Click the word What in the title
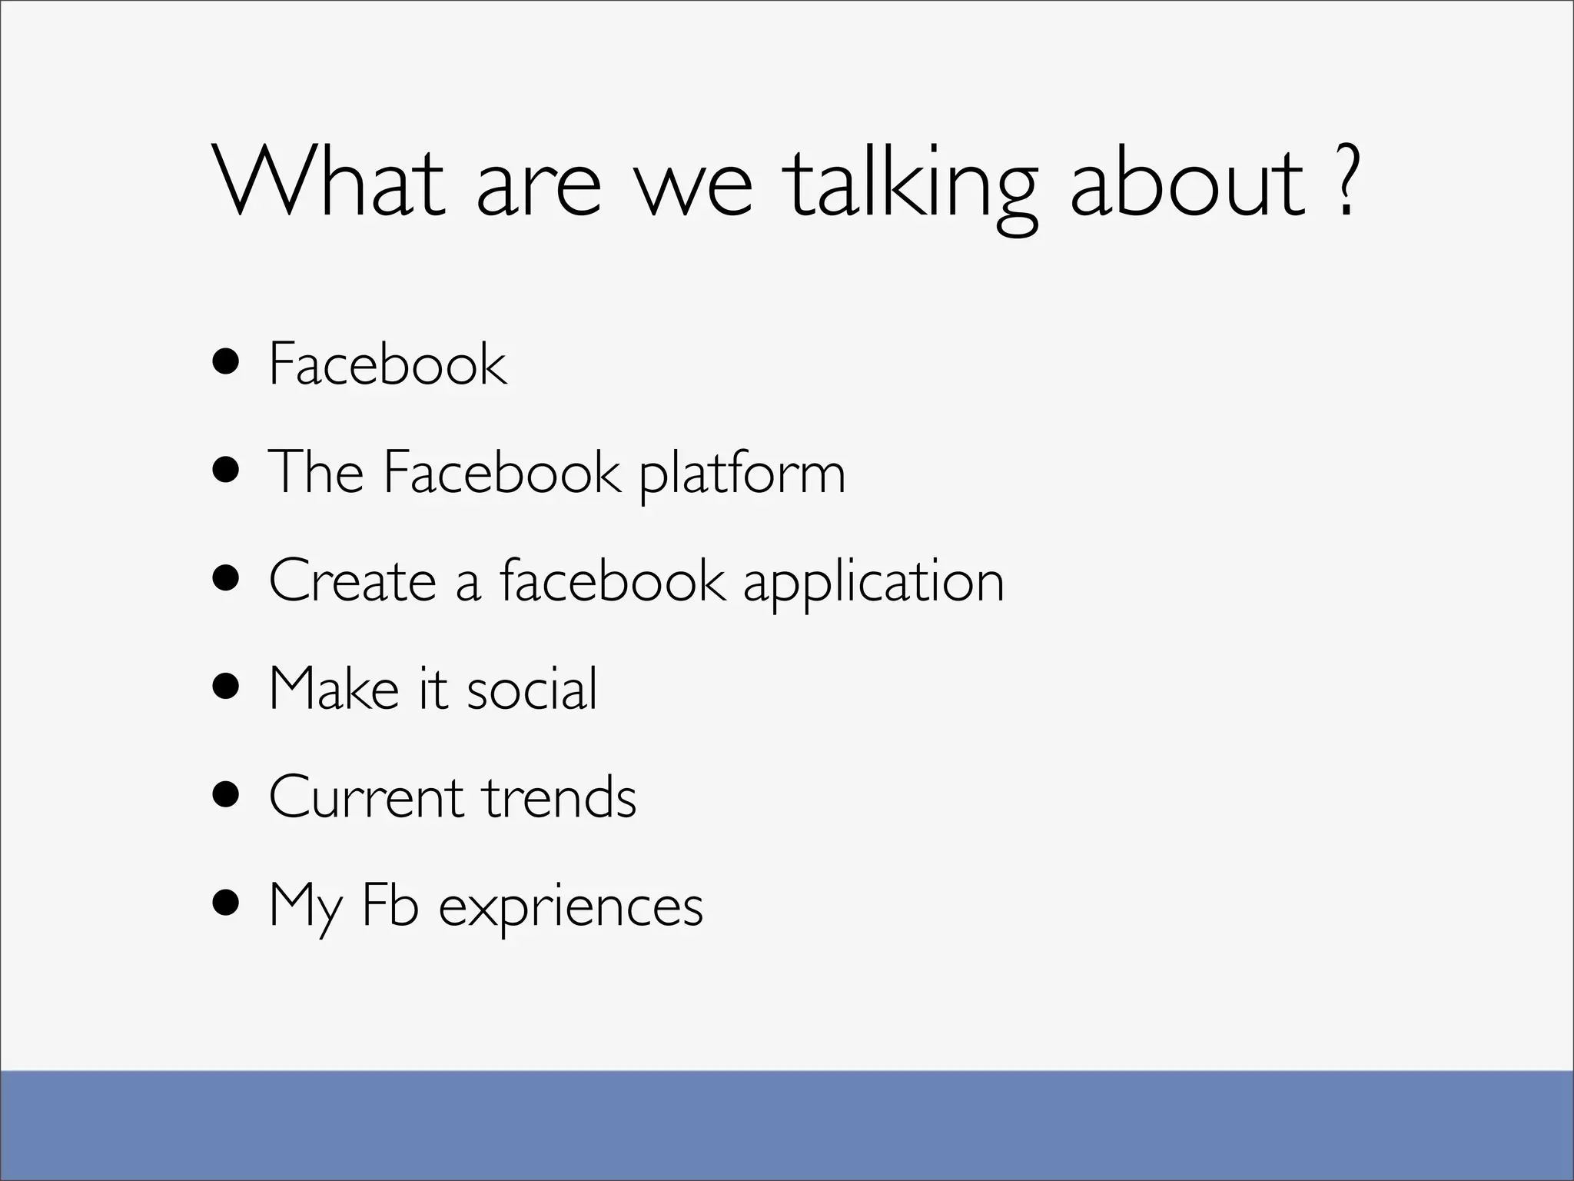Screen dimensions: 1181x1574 329,181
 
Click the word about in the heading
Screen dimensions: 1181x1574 1187,181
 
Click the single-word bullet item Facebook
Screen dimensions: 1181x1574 387,364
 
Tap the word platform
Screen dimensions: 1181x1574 742,474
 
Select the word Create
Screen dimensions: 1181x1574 353,581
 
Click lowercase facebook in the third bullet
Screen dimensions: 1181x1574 612,581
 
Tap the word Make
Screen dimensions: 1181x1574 334,688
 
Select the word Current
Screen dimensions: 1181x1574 365,797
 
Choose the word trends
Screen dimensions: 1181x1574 560,797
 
